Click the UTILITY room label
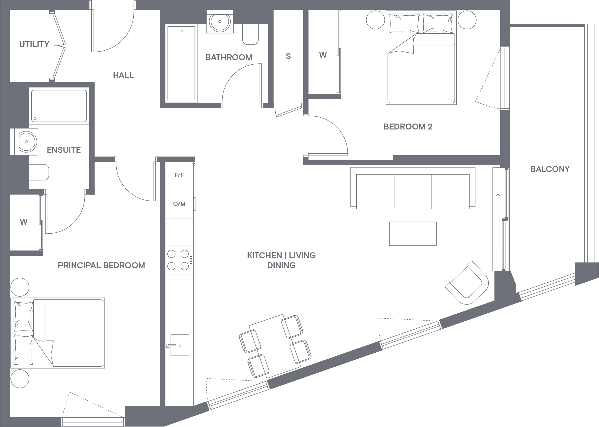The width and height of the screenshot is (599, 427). (34, 44)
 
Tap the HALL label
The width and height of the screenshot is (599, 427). (123, 76)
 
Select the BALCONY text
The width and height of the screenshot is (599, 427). (550, 169)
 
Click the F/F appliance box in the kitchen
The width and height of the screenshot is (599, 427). (179, 175)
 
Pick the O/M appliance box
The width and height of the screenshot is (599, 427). (179, 204)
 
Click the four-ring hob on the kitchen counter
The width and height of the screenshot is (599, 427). (178, 260)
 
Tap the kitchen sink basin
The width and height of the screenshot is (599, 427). (180, 345)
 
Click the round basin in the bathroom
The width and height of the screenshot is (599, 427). (220, 22)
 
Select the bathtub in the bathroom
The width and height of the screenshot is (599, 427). (181, 63)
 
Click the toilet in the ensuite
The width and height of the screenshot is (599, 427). (39, 172)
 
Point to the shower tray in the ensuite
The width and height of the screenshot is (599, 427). (59, 106)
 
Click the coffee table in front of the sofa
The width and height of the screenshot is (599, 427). (413, 233)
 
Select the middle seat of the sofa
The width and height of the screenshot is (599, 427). (413, 191)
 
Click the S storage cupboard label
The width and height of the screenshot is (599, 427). (288, 56)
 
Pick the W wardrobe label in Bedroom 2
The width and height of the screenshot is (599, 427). (323, 55)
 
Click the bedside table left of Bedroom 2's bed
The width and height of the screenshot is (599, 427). (375, 20)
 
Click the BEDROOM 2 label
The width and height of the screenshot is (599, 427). (408, 127)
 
